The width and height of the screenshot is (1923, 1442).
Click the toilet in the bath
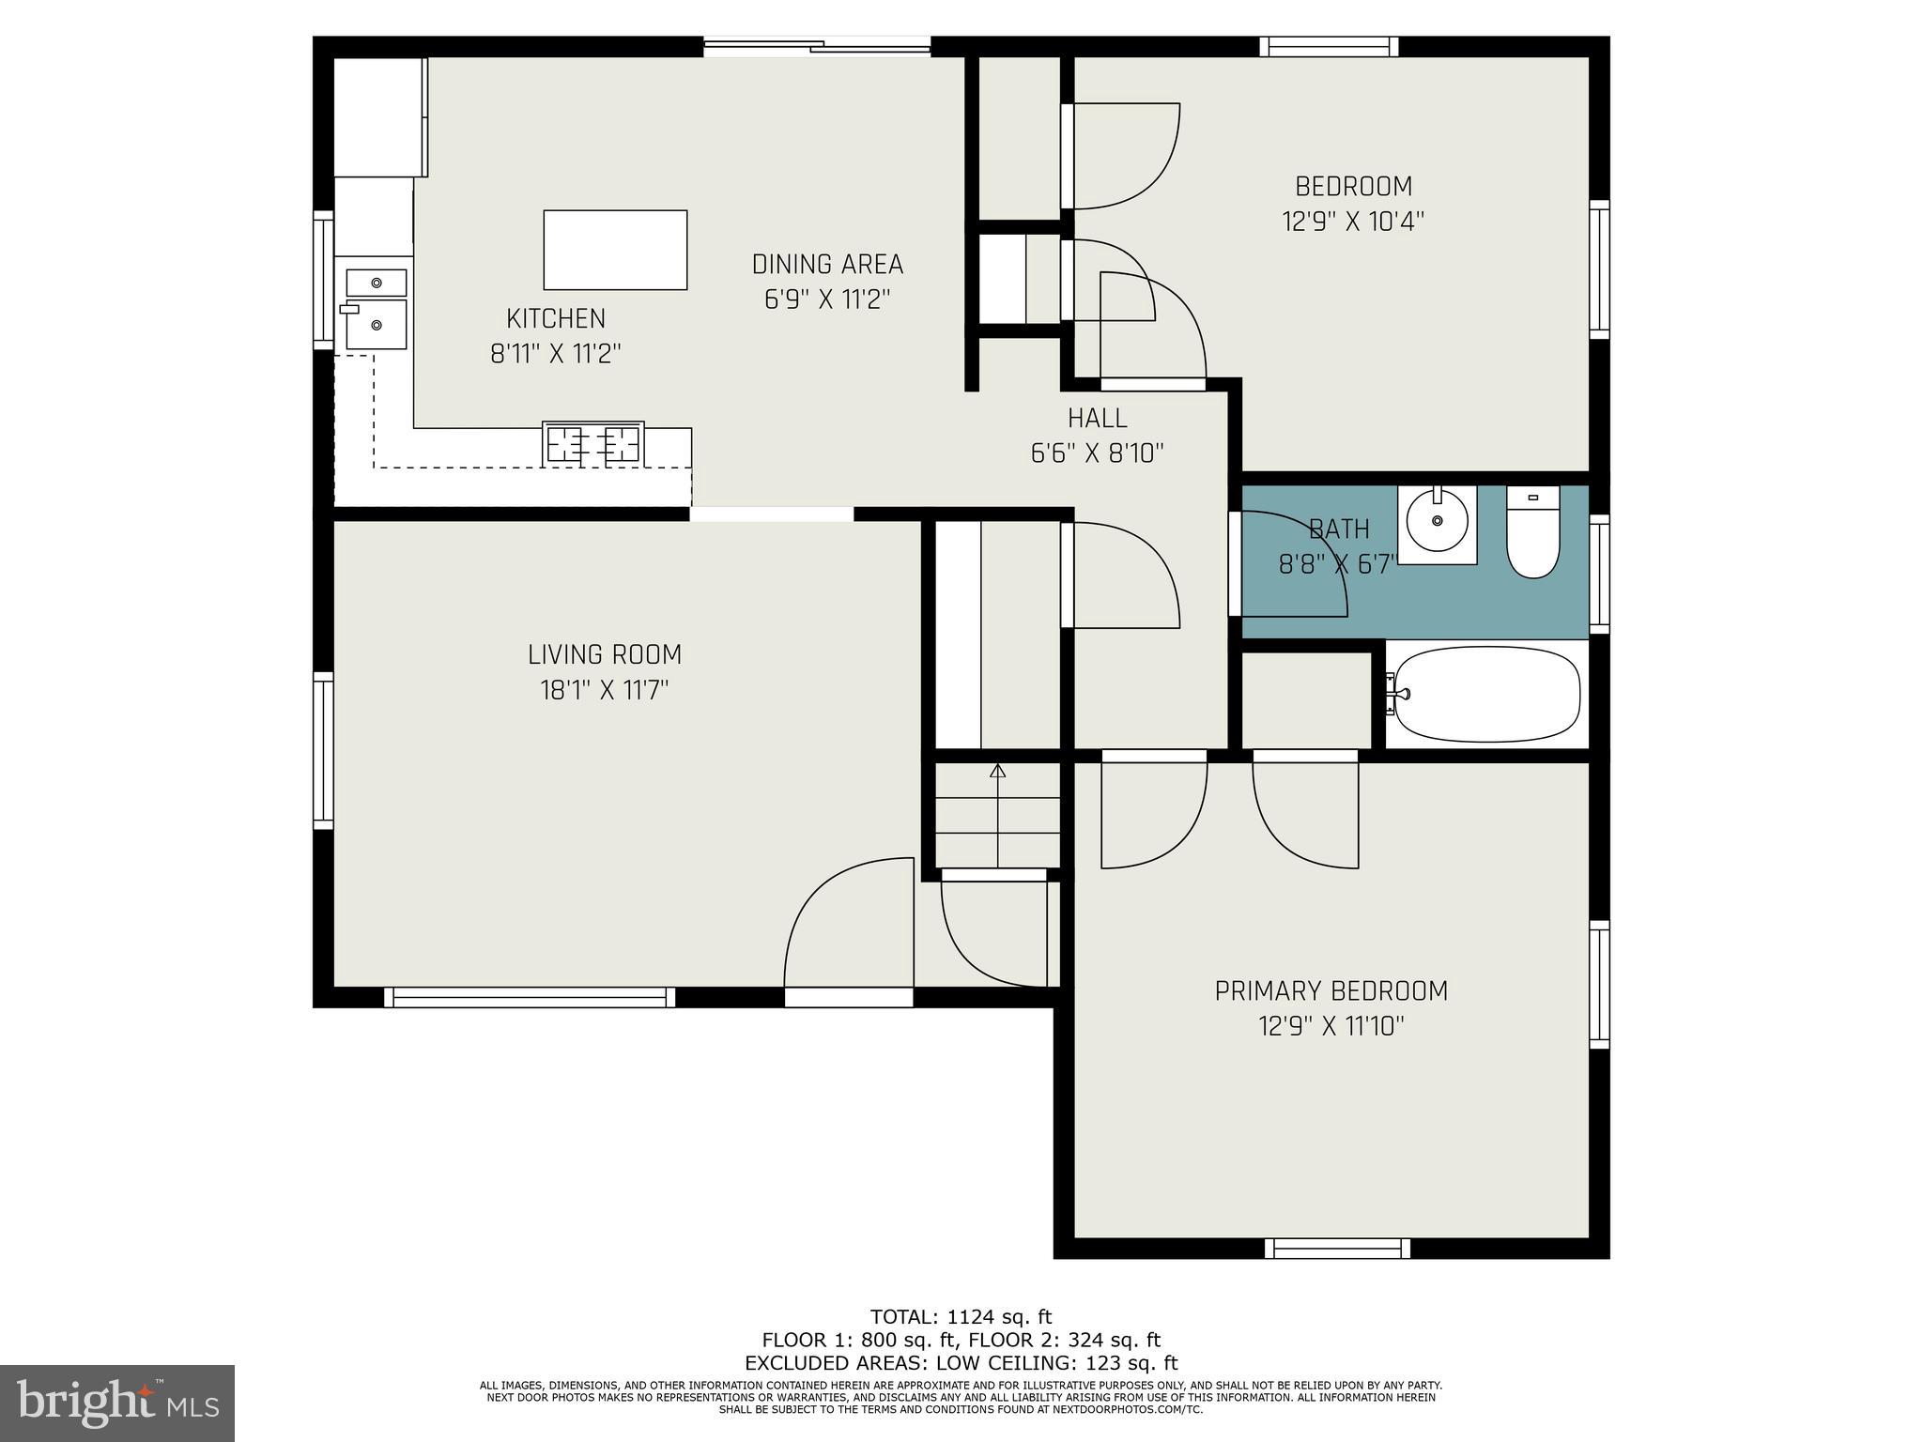point(1532,541)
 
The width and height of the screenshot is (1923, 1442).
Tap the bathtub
point(1487,695)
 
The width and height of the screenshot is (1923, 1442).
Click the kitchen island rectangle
point(615,250)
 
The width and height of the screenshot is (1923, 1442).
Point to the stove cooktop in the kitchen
point(593,443)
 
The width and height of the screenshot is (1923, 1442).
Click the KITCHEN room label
point(556,319)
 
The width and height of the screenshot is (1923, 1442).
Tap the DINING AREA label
point(827,265)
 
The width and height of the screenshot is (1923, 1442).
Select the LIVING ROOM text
point(605,654)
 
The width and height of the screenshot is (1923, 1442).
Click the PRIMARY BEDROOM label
point(1331,991)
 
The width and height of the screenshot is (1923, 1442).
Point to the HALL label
point(1097,418)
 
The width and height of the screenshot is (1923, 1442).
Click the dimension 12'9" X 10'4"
point(1353,222)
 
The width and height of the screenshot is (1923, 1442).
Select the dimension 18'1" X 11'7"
point(605,691)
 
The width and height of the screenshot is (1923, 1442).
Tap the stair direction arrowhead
point(997,771)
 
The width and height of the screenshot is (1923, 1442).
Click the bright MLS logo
point(117,1403)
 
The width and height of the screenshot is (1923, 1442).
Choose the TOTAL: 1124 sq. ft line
point(961,1316)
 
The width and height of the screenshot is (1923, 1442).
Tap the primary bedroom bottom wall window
point(1337,1248)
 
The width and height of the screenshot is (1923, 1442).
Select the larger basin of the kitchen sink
point(377,325)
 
